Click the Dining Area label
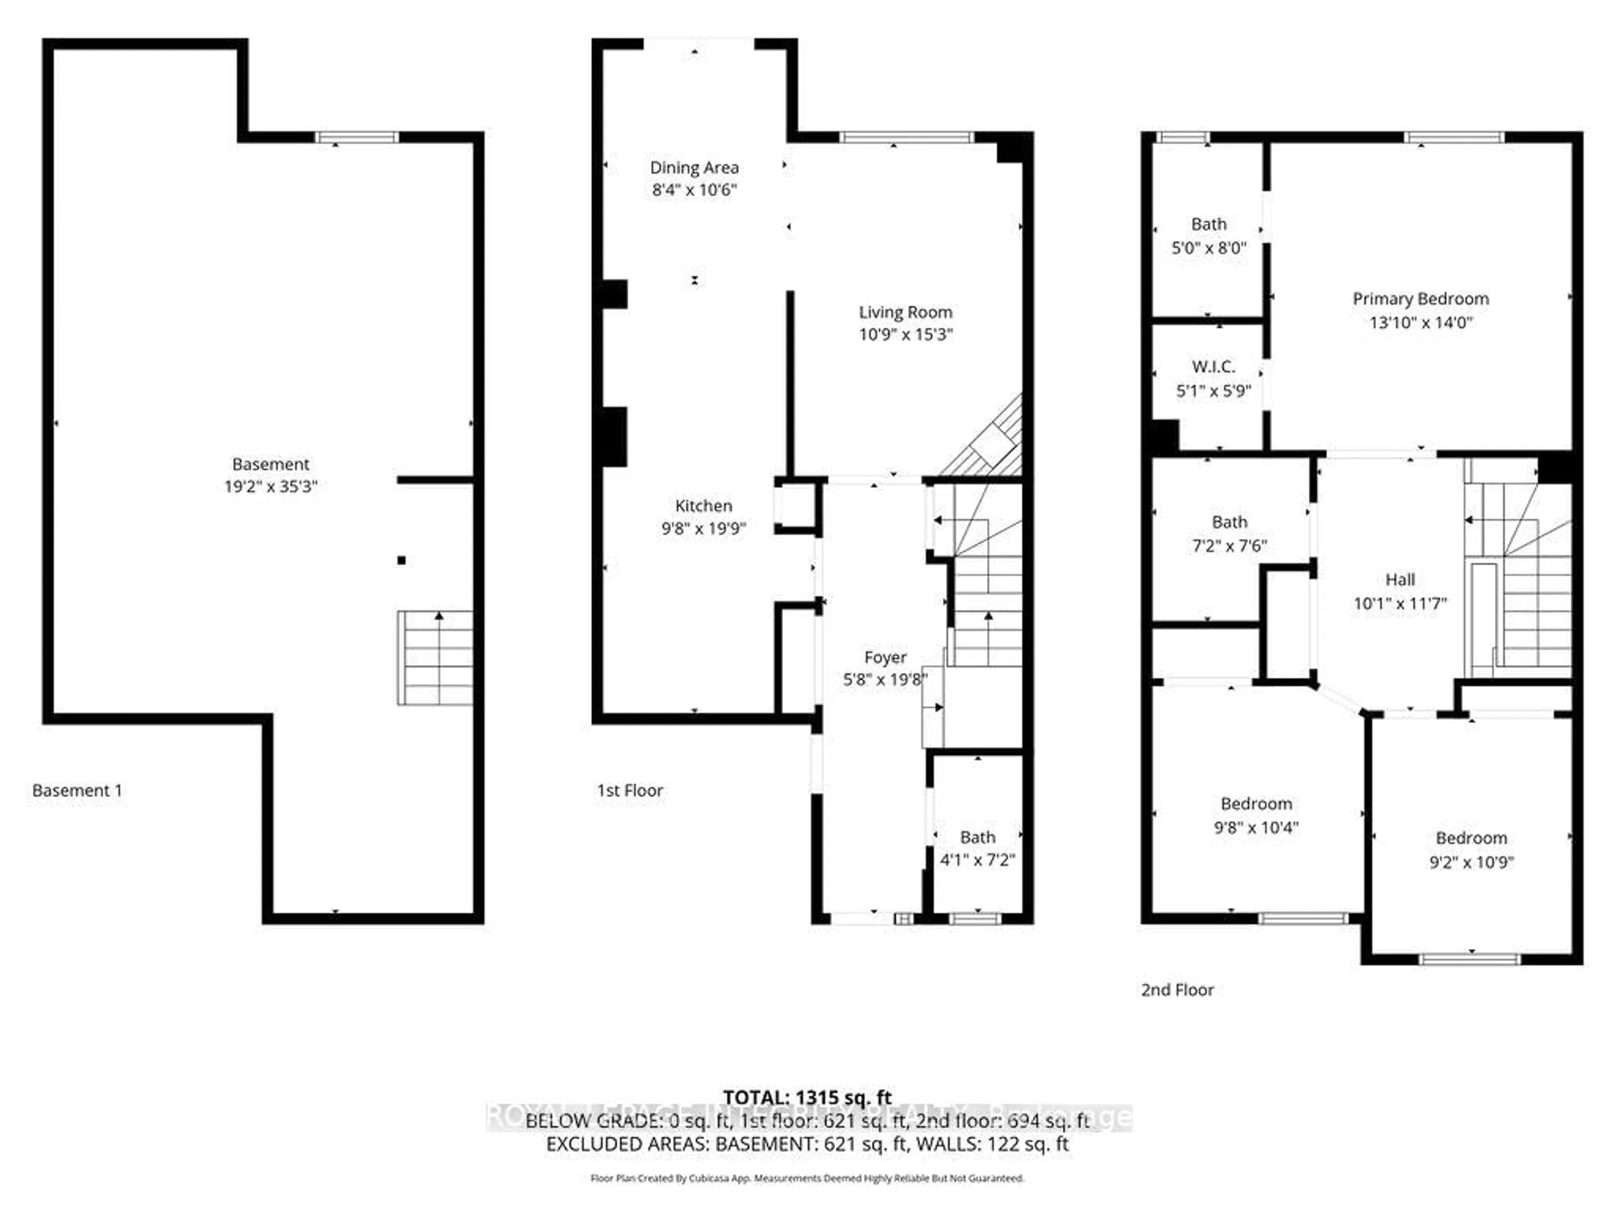694,168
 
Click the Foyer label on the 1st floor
885,658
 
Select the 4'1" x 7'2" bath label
977,860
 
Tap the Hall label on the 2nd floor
1400,579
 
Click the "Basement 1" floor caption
77,791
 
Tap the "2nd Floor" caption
1177,990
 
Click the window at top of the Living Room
905,137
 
